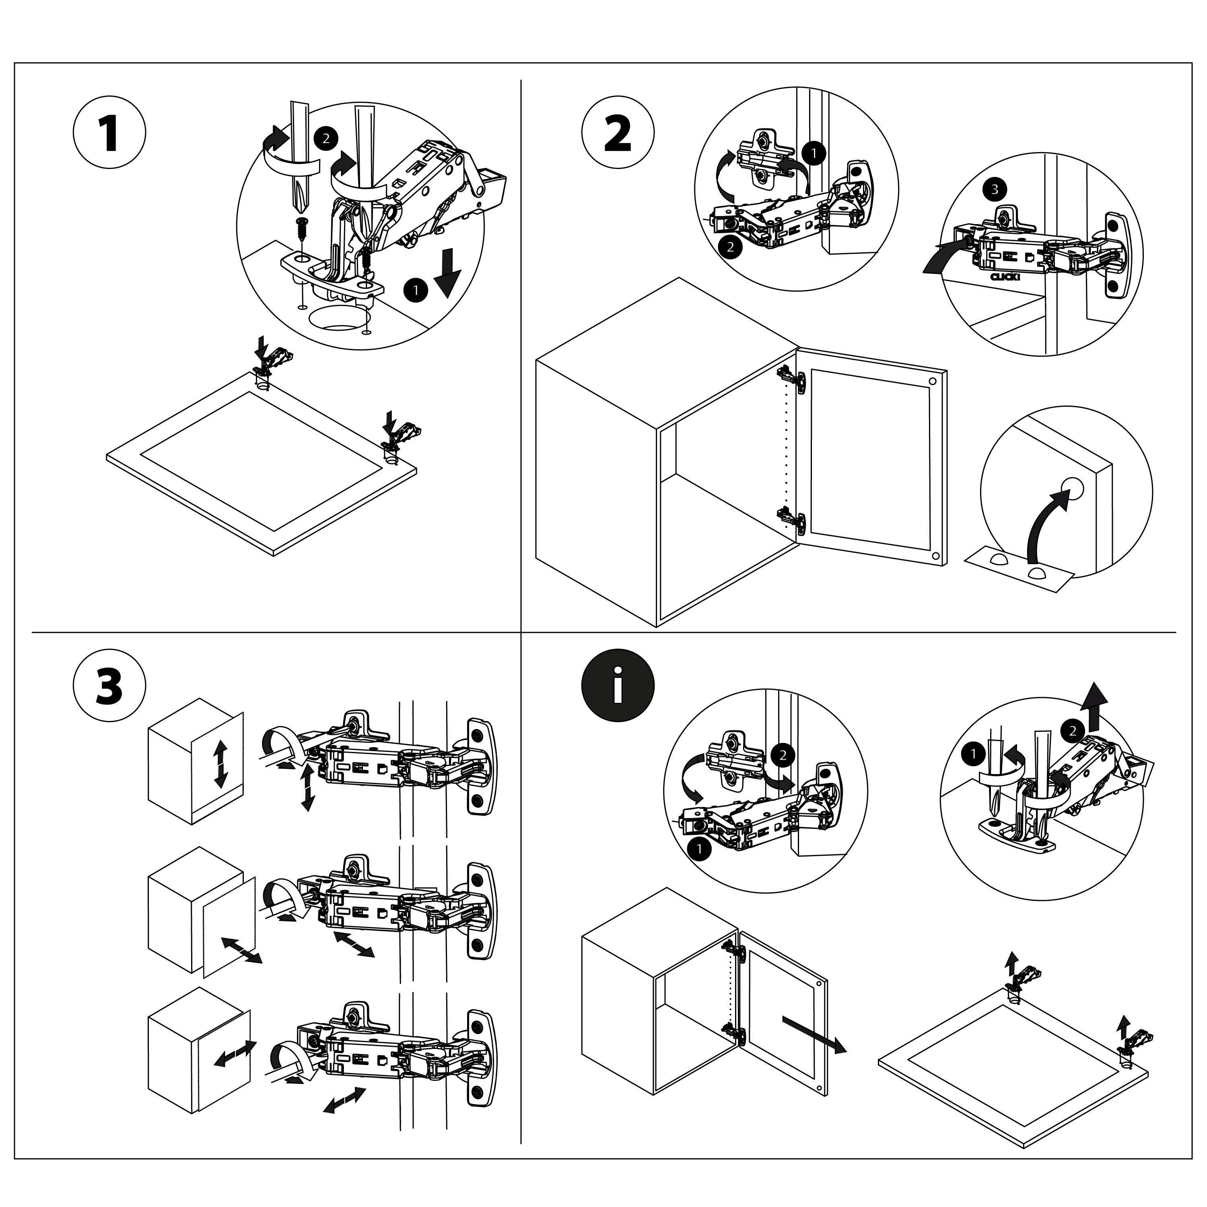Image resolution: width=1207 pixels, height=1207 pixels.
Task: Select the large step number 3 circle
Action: point(109,685)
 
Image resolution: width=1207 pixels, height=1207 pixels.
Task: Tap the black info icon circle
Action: point(617,685)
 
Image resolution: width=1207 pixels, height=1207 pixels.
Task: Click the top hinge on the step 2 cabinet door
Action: point(791,379)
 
